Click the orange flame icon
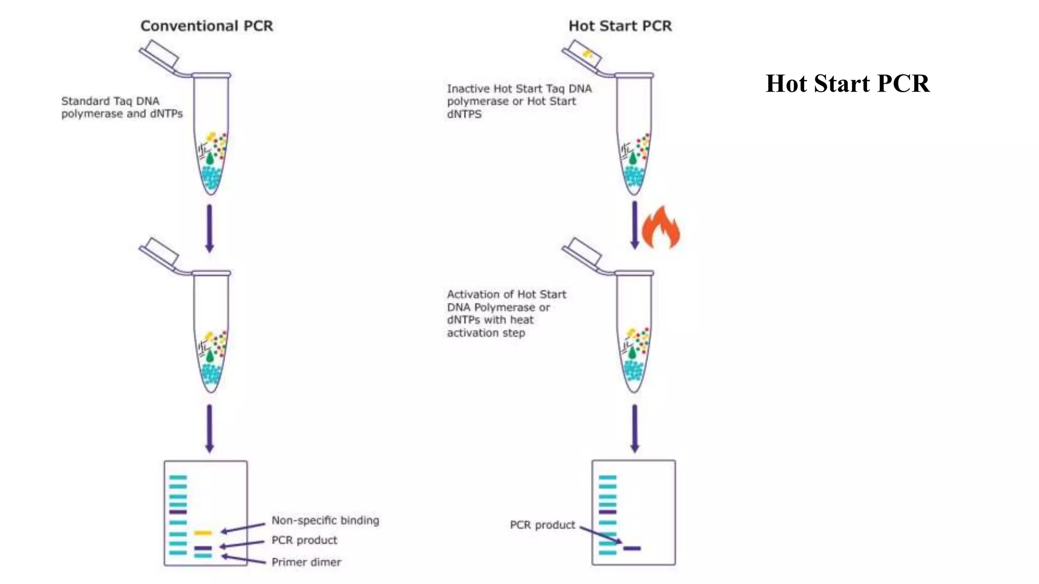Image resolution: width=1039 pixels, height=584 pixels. point(661,228)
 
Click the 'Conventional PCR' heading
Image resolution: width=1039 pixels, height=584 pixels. point(206,26)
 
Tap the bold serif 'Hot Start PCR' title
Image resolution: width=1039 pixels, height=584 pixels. point(847,84)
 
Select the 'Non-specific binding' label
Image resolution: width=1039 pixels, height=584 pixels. point(325,520)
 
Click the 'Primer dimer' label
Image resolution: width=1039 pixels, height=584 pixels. point(306,562)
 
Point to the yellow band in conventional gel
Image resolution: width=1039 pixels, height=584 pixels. point(203,533)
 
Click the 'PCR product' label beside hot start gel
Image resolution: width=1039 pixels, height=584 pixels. point(542,525)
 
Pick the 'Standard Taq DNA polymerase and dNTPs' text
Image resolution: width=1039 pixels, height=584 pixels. point(122,107)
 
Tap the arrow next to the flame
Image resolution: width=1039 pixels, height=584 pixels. point(634,225)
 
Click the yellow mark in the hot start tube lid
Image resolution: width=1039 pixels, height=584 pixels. point(587,53)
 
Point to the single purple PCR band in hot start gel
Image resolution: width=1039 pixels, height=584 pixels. point(632,548)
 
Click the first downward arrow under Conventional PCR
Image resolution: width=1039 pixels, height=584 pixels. point(209,228)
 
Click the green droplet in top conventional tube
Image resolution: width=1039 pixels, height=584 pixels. point(210,159)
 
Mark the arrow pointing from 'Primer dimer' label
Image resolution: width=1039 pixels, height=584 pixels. point(244,560)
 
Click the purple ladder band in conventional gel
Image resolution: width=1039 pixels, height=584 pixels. point(178,512)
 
